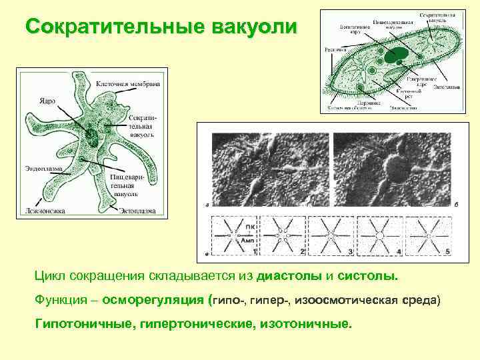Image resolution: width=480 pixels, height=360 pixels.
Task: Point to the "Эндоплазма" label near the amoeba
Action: point(43,168)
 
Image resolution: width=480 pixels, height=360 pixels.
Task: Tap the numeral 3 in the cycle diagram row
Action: point(351,252)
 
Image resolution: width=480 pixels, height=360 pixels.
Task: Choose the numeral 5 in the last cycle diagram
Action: point(448,251)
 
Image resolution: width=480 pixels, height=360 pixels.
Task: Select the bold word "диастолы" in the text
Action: point(291,275)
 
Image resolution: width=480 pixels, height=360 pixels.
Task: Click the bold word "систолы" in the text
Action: point(367,275)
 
